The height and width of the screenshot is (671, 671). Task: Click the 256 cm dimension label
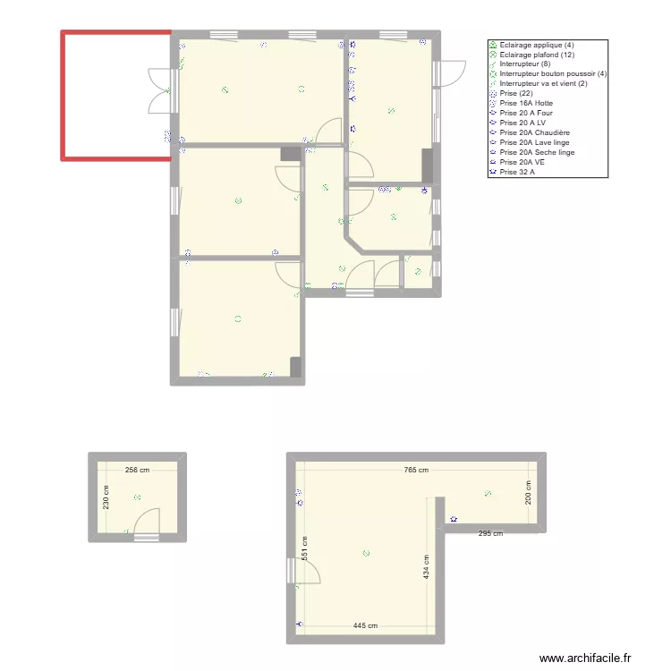pyautogui.click(x=137, y=470)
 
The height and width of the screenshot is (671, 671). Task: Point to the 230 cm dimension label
pyautogui.click(x=107, y=497)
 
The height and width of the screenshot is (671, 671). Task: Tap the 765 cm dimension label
pyautogui.click(x=416, y=470)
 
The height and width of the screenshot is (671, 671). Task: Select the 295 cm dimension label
pyautogui.click(x=490, y=534)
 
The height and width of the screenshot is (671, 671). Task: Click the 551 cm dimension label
pyautogui.click(x=305, y=548)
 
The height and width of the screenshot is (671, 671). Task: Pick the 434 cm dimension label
pyautogui.click(x=427, y=567)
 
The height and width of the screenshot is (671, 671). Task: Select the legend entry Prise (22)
pyautogui.click(x=518, y=93)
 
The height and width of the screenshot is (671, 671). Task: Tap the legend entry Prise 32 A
pyautogui.click(x=521, y=172)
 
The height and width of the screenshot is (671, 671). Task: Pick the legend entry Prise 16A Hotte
pyautogui.click(x=526, y=103)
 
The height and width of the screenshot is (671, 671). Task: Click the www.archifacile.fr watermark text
pyautogui.click(x=586, y=658)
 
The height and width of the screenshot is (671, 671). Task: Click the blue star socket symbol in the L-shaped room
pyautogui.click(x=454, y=519)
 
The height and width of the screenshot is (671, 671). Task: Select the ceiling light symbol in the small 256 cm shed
pyautogui.click(x=137, y=497)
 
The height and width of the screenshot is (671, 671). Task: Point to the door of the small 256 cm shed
pyautogui.click(x=146, y=522)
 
